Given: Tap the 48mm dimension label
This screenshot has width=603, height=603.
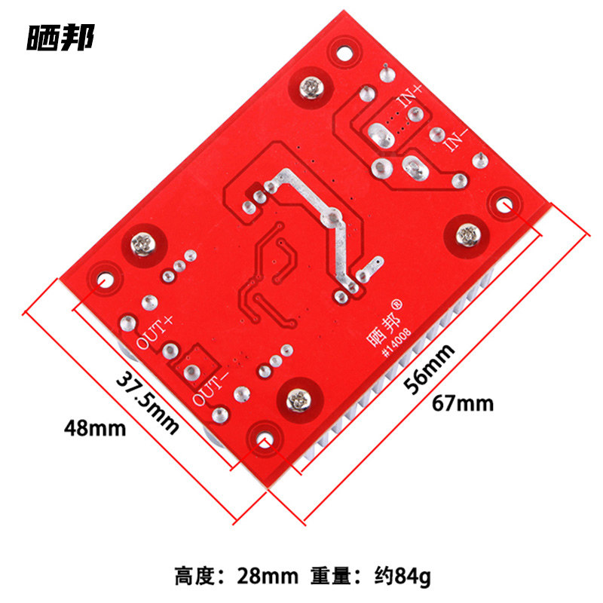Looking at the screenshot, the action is [x=95, y=428].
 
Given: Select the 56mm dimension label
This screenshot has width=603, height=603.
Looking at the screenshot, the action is [x=429, y=369].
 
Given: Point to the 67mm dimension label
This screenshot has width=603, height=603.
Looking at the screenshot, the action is [x=463, y=404].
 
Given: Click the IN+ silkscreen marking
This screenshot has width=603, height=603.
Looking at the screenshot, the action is [x=410, y=95].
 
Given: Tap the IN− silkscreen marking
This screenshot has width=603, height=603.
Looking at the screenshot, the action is [x=457, y=139].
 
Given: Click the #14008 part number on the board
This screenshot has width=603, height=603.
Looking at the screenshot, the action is [x=397, y=343].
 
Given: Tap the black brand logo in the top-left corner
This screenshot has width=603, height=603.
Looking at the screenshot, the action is [x=60, y=37].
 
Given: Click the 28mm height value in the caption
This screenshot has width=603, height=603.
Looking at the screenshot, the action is [x=268, y=576].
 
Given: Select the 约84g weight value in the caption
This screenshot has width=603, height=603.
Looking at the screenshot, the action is [x=403, y=577].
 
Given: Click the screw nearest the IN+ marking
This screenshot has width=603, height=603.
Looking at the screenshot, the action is [x=311, y=87].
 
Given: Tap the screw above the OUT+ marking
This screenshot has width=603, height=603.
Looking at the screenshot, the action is [x=143, y=243].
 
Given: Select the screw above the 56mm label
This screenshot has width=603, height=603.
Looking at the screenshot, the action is [x=467, y=234].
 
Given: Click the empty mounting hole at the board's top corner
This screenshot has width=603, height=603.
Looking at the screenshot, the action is [x=344, y=53].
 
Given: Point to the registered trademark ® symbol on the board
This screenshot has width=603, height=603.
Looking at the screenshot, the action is [x=397, y=305].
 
